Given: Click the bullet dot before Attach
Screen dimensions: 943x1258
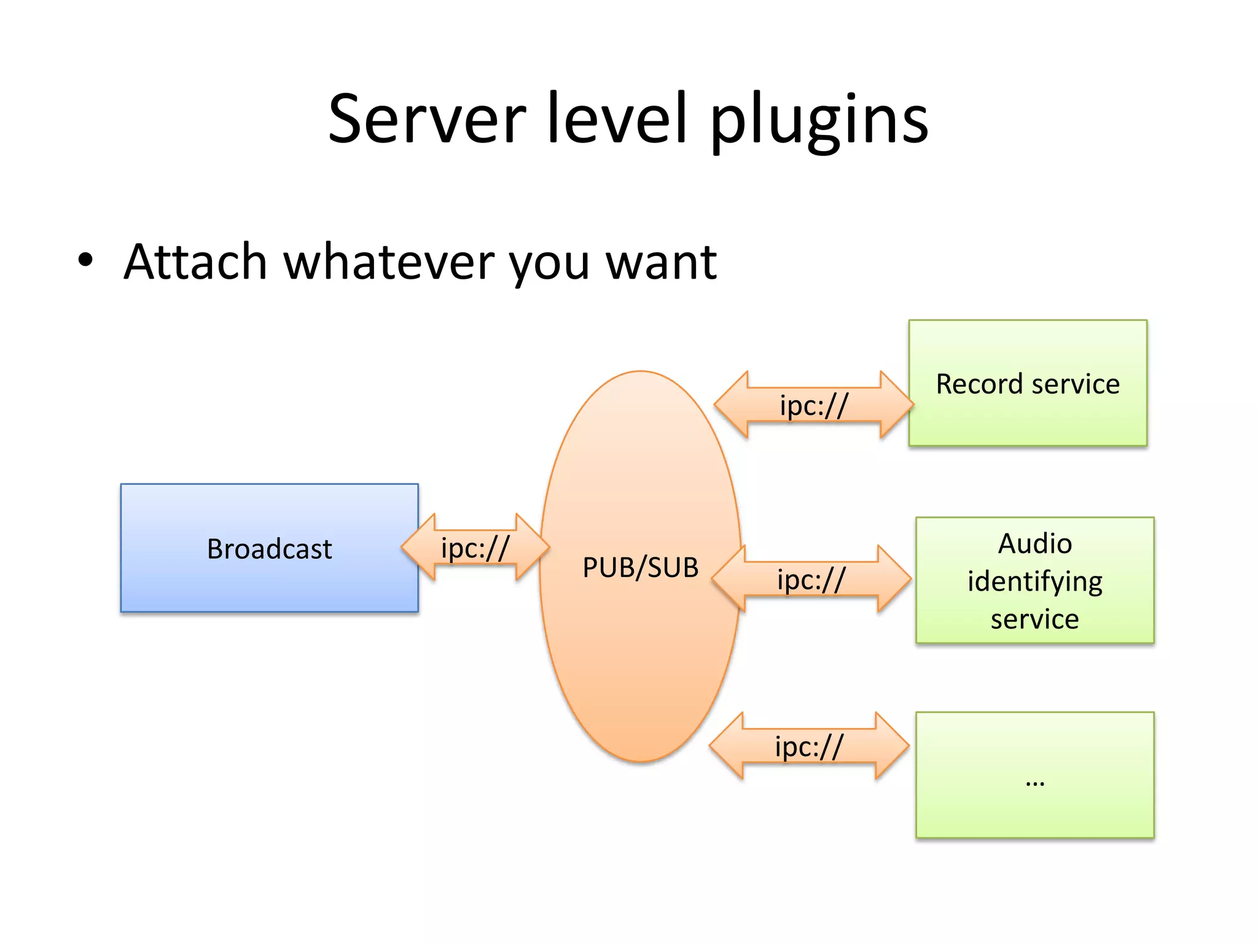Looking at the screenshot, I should [x=85, y=260].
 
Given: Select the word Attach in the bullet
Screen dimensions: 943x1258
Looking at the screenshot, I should [x=195, y=262].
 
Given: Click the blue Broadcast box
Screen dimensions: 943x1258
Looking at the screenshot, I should [x=269, y=548].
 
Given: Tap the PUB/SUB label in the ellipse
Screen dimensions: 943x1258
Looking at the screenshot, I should [x=640, y=567].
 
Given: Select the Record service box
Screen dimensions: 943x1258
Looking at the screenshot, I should [x=1028, y=384].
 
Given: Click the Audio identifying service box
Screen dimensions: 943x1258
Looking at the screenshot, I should [x=1034, y=581].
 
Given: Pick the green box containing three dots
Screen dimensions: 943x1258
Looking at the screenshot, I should [x=1034, y=775].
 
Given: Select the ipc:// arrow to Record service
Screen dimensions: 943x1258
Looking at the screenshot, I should [x=813, y=405].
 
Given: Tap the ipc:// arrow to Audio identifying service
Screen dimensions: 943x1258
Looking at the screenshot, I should [x=811, y=580].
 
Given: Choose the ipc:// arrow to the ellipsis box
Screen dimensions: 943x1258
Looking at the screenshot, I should [x=808, y=747].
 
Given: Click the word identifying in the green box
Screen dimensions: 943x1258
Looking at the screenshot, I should [x=1034, y=581].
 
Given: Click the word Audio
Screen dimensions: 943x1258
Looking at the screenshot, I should [x=1034, y=544].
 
